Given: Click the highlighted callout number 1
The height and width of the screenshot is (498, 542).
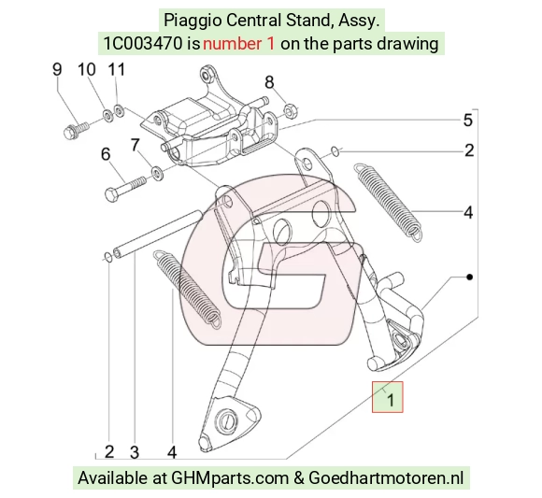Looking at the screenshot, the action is [x=391, y=400].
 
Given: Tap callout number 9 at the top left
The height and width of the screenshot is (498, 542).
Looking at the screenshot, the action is [x=57, y=69].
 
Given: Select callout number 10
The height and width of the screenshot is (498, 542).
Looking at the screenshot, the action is [x=86, y=69].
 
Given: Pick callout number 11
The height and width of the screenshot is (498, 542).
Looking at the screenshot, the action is [x=117, y=69].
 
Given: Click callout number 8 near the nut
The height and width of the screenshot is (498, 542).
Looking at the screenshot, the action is [x=269, y=82].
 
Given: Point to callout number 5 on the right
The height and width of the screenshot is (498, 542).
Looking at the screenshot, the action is [x=467, y=121].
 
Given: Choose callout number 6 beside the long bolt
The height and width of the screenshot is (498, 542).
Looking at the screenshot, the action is [x=106, y=154].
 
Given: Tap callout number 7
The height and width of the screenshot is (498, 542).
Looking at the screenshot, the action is [x=135, y=145].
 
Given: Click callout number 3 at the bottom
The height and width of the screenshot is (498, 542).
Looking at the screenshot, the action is [x=135, y=452].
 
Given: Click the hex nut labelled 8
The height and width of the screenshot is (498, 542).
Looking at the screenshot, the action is [x=289, y=110].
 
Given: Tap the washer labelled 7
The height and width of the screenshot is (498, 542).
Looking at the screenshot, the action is [x=158, y=173].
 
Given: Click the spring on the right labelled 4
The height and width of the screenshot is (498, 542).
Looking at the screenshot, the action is [x=388, y=202].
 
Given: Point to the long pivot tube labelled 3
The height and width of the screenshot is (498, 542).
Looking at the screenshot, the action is [x=158, y=235].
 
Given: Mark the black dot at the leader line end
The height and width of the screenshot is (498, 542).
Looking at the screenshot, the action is [x=469, y=277].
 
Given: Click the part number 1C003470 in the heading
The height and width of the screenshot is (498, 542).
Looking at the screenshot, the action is [x=143, y=44].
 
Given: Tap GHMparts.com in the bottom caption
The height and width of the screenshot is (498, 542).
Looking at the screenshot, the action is [x=230, y=478].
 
